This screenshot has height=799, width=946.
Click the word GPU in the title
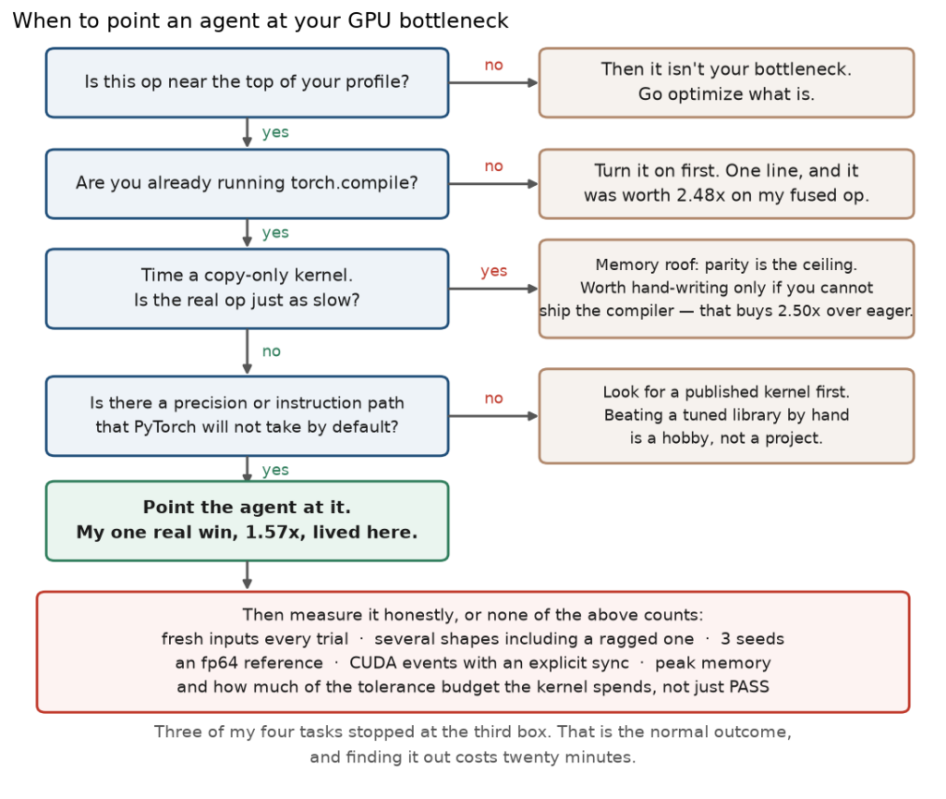(x=370, y=20)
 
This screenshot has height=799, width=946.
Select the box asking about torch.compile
(x=248, y=184)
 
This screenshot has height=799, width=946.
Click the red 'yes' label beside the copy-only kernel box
(x=493, y=271)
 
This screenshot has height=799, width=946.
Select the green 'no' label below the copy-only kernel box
(x=271, y=351)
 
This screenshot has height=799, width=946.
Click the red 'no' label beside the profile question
(x=493, y=66)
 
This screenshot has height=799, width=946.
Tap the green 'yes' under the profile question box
(x=275, y=132)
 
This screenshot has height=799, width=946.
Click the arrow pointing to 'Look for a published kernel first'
(x=493, y=416)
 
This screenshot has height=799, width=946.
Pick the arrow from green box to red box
(x=247, y=575)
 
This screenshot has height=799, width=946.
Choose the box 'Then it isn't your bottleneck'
(x=726, y=82)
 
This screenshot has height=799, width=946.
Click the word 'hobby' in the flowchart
(x=685, y=438)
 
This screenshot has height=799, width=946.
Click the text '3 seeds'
(x=752, y=639)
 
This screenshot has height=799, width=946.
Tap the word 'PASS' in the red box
(x=749, y=687)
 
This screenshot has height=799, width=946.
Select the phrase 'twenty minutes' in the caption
(x=582, y=757)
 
